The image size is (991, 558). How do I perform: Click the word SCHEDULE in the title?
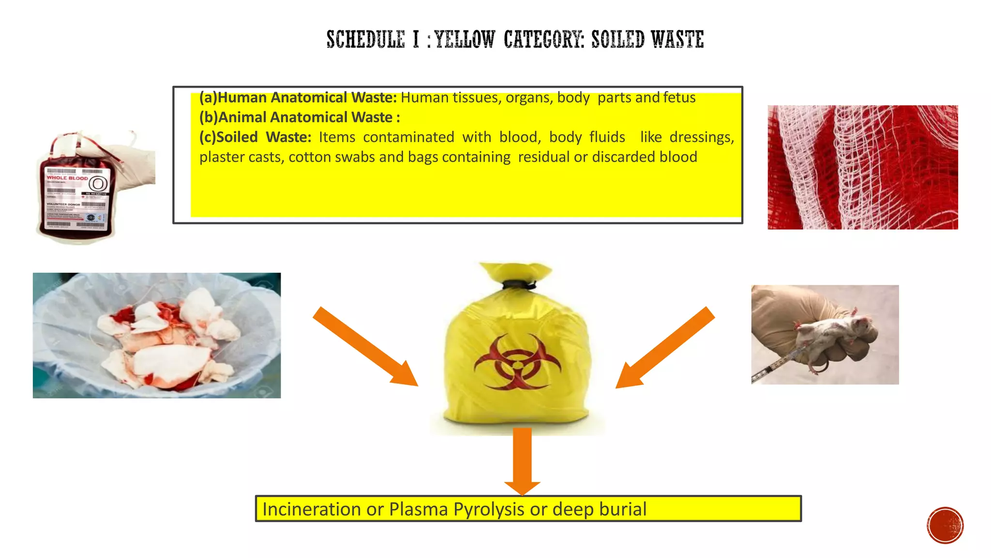[x=365, y=40]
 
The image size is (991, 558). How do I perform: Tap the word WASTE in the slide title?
[x=677, y=40]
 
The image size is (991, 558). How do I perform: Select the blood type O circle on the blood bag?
[x=99, y=184]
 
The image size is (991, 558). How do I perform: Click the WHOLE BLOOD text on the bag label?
[x=67, y=178]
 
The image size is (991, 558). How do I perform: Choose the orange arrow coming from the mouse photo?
[x=665, y=347]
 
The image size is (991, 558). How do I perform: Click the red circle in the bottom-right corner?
[x=945, y=526]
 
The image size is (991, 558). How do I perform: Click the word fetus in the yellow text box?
[x=679, y=97]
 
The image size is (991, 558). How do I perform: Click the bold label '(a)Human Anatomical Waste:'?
[x=298, y=97]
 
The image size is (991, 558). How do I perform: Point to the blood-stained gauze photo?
[x=862, y=167]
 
